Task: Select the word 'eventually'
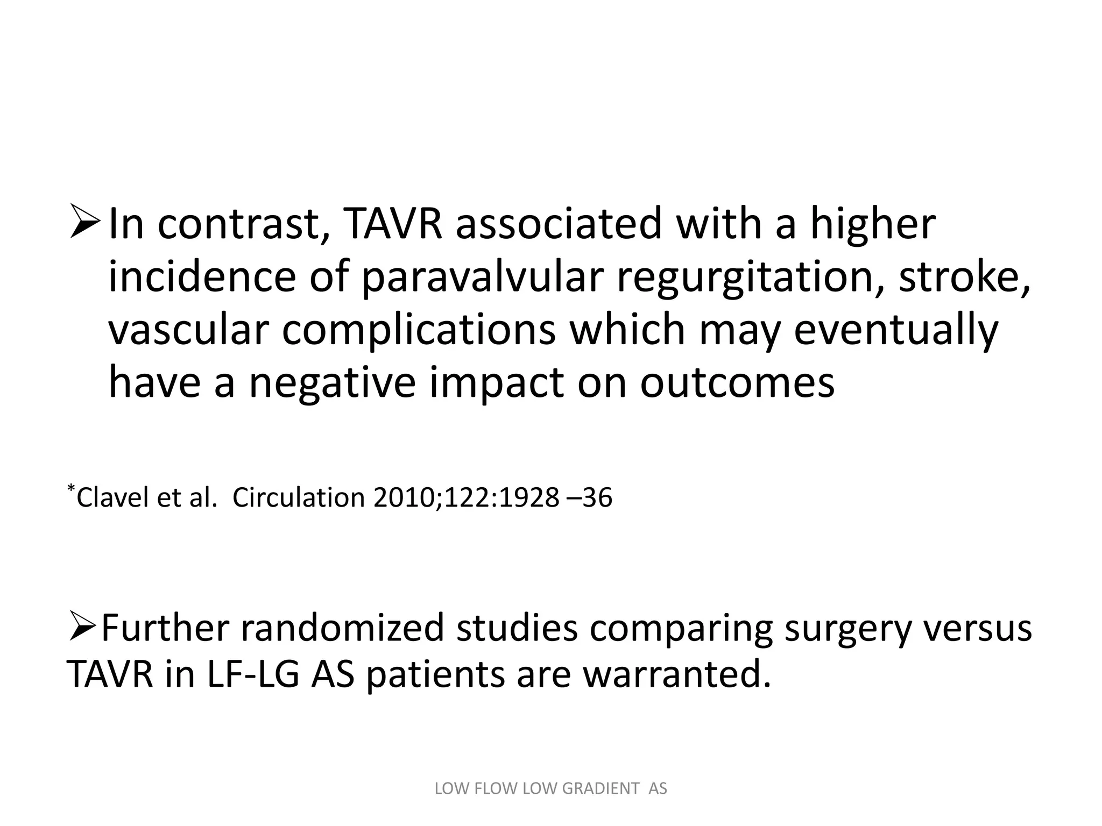(x=896, y=331)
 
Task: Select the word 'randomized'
(x=342, y=628)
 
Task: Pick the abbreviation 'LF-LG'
(x=252, y=674)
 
